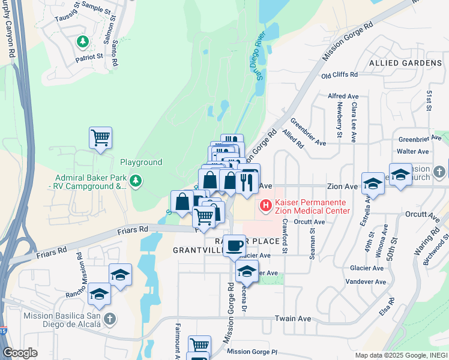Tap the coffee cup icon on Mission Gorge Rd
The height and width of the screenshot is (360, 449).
coord(234,245)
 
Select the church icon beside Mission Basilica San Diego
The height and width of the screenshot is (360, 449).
coord(109,320)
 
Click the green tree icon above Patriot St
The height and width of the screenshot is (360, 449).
coord(83,42)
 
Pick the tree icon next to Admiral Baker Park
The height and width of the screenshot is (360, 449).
coord(136,181)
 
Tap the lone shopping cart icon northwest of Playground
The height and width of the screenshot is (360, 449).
coord(100,137)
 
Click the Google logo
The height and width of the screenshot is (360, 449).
coord(20,353)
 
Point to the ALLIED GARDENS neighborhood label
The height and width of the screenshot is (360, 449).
coord(405,63)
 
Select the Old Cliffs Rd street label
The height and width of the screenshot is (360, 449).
coord(339,76)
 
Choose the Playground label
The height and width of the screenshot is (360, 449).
coord(141,163)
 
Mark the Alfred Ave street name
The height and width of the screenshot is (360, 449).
coord(343,96)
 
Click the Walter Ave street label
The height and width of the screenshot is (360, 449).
coord(413,152)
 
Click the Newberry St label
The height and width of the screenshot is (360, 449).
coord(339,120)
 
